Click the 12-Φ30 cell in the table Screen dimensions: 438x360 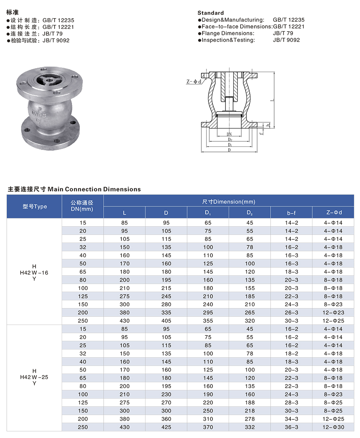333,427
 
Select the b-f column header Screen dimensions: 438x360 291,213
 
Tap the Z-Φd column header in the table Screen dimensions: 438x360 333,213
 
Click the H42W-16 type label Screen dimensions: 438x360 34,273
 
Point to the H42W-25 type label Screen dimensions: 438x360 34,377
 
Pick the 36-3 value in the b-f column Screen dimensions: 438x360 291,427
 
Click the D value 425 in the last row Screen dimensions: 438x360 166,427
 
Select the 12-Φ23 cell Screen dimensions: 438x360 333,313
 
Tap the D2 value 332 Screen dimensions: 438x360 250,427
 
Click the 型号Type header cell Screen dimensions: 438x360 34,207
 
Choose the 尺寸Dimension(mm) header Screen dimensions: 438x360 229,201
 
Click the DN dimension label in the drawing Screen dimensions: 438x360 229,135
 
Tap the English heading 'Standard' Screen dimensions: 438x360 210,13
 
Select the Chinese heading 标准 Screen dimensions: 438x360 13,12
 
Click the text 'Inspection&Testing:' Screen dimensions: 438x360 228,40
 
